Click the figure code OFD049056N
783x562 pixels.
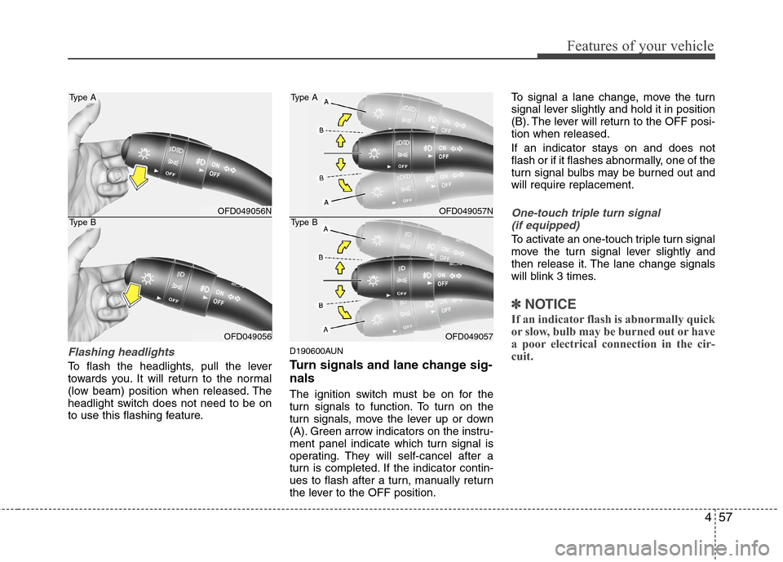point(245,210)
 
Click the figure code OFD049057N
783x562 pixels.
point(466,210)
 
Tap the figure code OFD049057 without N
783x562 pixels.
point(469,335)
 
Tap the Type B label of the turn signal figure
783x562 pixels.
point(303,222)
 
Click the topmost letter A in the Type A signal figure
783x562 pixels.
point(327,103)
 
